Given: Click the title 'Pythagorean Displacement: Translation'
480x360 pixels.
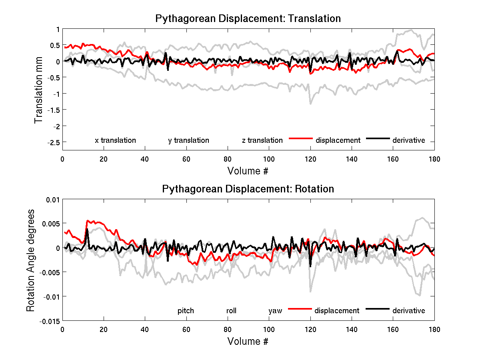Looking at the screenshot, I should coord(248,18).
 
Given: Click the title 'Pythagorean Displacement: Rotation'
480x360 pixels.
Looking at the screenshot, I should coord(248,189).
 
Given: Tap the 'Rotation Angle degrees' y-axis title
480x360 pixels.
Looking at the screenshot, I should coord(30,260).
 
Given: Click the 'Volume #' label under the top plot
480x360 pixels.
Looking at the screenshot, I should coord(248,171).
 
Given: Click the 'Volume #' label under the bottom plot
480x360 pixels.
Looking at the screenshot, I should coord(248,342).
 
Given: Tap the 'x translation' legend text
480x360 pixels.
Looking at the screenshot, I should coord(115,140).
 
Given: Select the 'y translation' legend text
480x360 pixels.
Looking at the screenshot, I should coord(188,140).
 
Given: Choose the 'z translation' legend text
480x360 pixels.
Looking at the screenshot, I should coord(262,140).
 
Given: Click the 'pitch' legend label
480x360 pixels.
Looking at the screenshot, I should coord(186,311).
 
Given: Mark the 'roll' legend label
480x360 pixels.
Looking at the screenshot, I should coord(231,311).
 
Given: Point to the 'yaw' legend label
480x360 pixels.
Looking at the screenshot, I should coord(275,311).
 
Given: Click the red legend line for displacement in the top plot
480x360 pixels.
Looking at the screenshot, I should coord(300,138).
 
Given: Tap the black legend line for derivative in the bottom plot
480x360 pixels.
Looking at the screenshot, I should coord(378,309).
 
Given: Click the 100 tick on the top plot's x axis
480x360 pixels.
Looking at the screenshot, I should coord(269,159).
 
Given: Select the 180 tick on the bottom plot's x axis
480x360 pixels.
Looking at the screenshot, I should coord(434,329).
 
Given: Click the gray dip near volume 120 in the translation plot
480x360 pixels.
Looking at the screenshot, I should coord(310,103).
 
